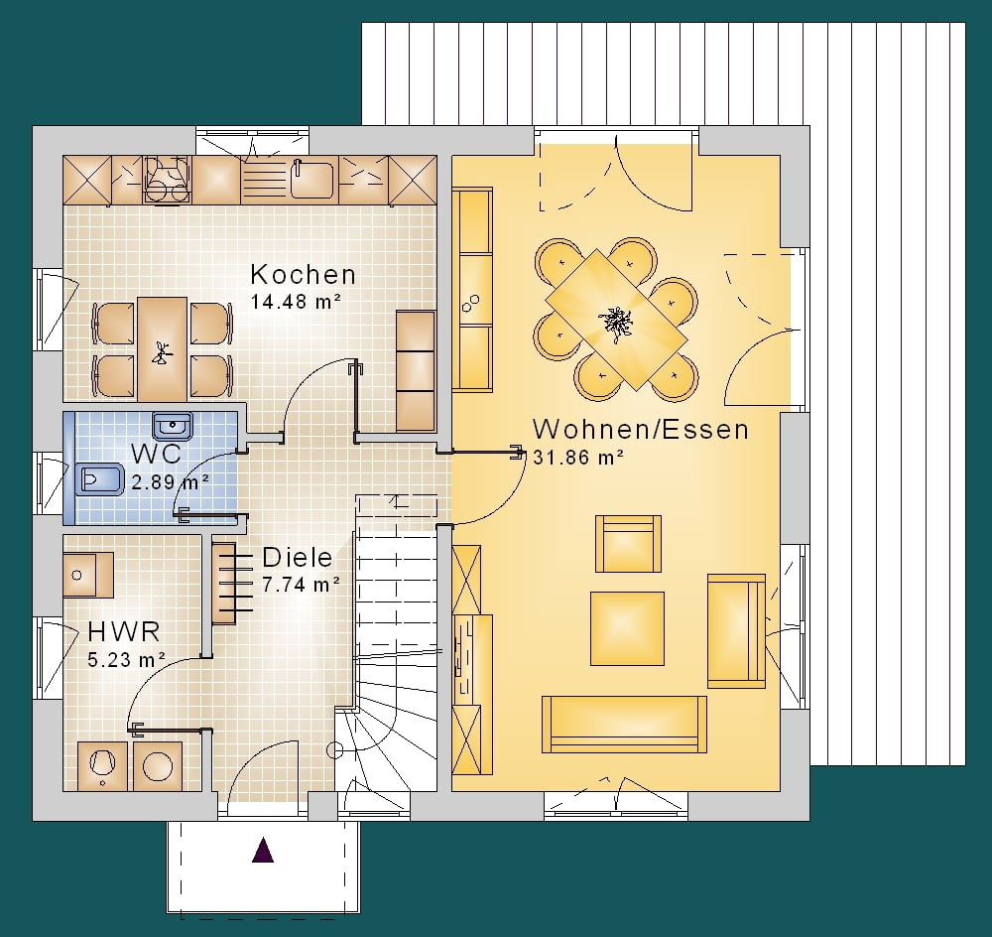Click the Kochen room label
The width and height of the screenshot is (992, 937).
click(x=303, y=275)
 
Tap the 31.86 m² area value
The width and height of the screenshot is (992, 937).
click(x=579, y=458)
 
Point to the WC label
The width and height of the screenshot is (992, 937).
click(x=157, y=454)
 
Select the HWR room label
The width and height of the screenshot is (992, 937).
click(x=124, y=631)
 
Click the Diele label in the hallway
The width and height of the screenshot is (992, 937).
click(x=298, y=557)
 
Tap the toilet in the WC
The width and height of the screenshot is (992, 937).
click(x=100, y=479)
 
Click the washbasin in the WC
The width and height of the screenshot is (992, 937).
click(x=173, y=425)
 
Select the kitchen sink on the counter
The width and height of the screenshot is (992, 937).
click(x=311, y=180)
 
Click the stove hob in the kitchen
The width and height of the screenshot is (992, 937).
click(x=168, y=180)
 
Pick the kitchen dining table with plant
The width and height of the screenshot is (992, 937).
click(x=163, y=349)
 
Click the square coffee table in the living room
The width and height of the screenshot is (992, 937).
click(x=627, y=628)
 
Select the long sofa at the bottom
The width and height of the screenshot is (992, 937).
click(x=624, y=725)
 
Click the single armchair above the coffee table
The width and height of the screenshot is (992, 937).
click(x=628, y=544)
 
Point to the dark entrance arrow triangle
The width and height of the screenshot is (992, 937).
click(x=263, y=850)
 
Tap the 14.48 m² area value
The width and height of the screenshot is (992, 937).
click(x=296, y=302)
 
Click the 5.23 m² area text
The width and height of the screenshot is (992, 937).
click(x=127, y=660)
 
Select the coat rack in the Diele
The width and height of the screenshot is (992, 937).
click(x=231, y=583)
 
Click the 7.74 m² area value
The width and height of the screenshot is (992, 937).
click(x=302, y=585)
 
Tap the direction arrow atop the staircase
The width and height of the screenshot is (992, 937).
click(x=397, y=501)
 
